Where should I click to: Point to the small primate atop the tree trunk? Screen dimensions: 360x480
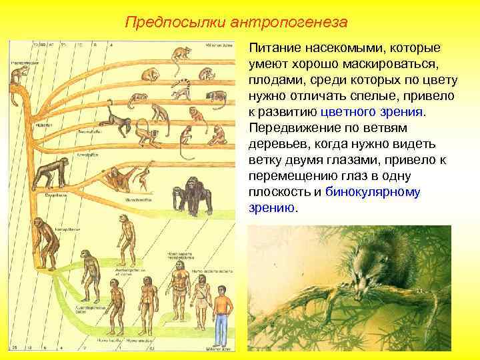(16, 79)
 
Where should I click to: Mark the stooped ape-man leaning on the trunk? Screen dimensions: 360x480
(47, 243)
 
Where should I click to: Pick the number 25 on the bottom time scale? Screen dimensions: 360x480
(14, 347)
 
